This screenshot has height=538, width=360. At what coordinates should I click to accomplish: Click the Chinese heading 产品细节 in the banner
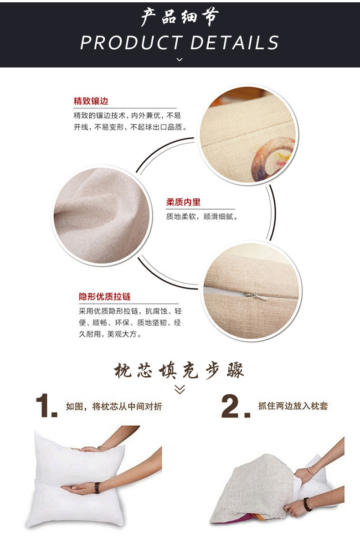(x=180, y=17)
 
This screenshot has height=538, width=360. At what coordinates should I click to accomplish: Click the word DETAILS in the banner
(x=234, y=43)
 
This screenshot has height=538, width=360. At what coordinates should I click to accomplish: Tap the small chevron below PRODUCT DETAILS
(x=180, y=59)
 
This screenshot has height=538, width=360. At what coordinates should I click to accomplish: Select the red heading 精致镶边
(x=91, y=101)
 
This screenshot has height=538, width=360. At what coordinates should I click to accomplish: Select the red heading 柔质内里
(x=183, y=202)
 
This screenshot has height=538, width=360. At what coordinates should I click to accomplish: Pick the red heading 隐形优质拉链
(x=105, y=297)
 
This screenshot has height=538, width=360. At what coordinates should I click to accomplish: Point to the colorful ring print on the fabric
(x=273, y=160)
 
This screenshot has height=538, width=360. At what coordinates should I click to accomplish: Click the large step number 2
(x=233, y=407)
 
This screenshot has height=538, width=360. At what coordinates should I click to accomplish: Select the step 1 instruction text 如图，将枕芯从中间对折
(x=113, y=406)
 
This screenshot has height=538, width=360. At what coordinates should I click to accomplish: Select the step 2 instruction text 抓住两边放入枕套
(x=293, y=405)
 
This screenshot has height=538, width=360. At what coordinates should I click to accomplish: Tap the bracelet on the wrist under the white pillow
(x=97, y=487)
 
